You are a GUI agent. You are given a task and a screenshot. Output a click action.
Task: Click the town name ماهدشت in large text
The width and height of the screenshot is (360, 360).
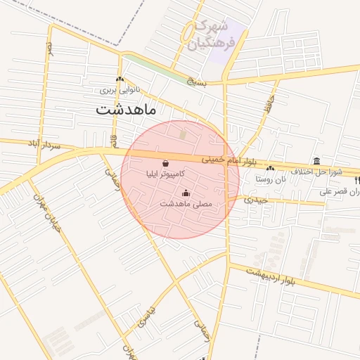[x=127, y=110]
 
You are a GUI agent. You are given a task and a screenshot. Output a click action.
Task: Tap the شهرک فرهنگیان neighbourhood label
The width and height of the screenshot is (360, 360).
[x=208, y=34]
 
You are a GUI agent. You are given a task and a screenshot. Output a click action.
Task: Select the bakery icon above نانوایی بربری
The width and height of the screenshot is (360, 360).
[x=120, y=79]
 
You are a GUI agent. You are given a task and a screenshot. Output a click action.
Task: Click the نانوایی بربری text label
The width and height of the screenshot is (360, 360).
[x=120, y=90]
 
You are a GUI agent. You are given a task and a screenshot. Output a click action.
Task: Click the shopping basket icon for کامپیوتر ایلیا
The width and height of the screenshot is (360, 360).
[x=165, y=163]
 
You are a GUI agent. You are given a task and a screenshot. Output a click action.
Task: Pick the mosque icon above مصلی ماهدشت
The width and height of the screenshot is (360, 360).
[x=186, y=193]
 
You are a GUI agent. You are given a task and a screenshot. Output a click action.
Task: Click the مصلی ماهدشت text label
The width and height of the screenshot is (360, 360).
[x=186, y=203]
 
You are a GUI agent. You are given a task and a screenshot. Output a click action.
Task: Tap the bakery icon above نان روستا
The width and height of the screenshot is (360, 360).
[x=271, y=168]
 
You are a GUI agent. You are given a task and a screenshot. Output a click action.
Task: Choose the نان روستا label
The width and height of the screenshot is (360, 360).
[x=271, y=179]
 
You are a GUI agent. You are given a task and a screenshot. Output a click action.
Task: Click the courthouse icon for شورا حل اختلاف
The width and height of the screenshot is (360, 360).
[x=316, y=161]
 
